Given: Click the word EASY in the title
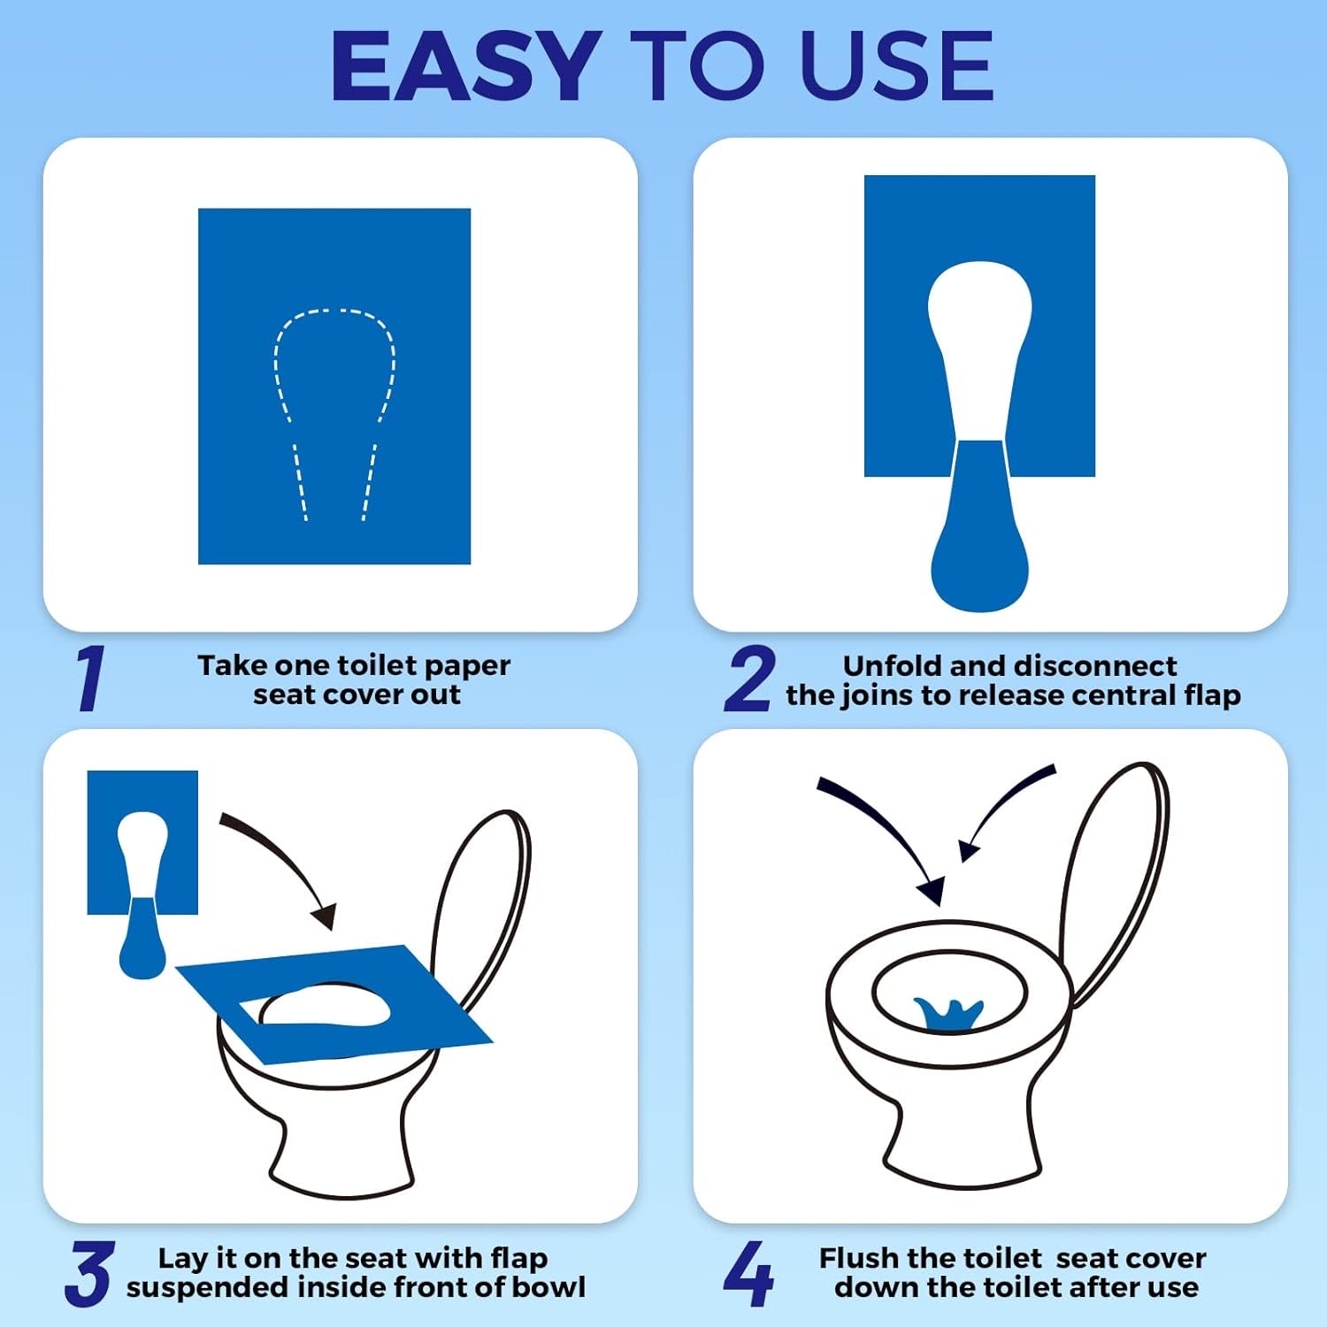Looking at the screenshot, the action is [466, 66].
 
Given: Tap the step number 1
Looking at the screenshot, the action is [89, 679].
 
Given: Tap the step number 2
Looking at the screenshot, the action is [750, 679].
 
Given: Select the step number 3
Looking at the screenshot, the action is [89, 1274].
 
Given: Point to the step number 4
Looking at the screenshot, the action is [748, 1274].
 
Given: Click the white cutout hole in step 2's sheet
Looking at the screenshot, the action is [980, 349].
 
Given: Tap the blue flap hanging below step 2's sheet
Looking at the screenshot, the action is [980, 531].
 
